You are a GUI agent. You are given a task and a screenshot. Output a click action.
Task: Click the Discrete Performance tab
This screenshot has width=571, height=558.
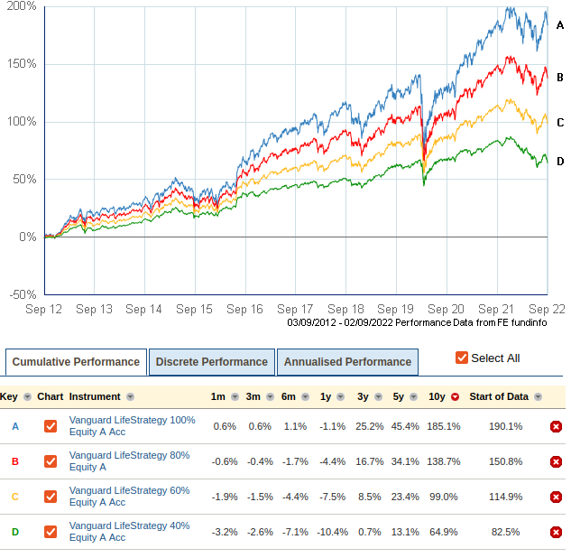tap(211, 362)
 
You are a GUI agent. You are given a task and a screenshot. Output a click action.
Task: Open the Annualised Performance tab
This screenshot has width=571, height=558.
tap(347, 362)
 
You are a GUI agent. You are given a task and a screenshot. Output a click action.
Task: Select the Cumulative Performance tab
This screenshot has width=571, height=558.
tap(76, 362)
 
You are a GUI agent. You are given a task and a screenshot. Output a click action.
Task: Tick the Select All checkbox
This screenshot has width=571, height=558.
tap(462, 358)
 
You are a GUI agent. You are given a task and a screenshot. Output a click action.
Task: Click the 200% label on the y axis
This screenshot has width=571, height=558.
tap(22, 6)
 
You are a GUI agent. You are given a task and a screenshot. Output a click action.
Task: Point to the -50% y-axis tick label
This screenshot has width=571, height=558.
tap(22, 294)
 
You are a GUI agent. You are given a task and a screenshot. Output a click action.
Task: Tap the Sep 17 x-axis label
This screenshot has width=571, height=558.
tap(295, 309)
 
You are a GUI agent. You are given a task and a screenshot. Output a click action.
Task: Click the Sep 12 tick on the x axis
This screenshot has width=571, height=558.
tap(43, 309)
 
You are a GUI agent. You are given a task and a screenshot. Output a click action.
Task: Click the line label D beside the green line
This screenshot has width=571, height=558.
tap(560, 161)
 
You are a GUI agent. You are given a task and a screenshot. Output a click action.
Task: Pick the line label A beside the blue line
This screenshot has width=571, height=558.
tap(560, 25)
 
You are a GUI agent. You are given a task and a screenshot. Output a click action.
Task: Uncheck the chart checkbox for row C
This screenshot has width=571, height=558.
tap(51, 497)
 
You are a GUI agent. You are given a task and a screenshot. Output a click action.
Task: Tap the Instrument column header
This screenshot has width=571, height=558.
tap(95, 396)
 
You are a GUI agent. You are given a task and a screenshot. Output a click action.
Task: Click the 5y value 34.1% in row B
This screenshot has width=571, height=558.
tap(405, 461)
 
